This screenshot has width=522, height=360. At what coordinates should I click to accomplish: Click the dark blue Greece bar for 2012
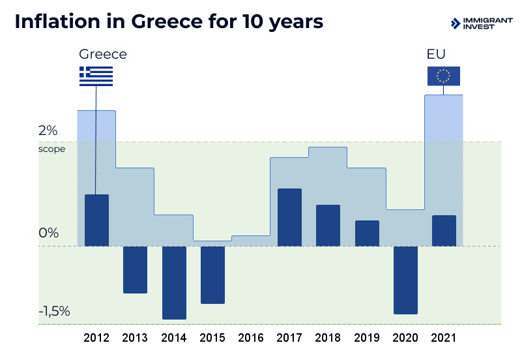[96, 220]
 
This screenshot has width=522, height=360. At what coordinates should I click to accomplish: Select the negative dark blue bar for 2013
[135, 269]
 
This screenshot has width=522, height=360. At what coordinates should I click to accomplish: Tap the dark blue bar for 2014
[174, 282]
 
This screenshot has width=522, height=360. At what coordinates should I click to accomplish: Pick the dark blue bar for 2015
[212, 275]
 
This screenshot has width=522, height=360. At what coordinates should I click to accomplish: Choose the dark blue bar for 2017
[289, 217]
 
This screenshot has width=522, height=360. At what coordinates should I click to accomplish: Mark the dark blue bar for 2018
[328, 226]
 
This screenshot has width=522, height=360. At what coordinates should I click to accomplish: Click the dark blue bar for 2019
[367, 233]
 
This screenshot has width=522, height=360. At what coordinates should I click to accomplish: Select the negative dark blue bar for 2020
[405, 280]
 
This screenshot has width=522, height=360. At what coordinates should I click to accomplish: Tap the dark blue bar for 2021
[444, 231]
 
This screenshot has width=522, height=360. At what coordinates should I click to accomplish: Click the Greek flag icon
[96, 76]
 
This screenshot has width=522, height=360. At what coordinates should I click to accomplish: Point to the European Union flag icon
[443, 76]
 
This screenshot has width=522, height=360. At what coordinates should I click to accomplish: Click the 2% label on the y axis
[48, 131]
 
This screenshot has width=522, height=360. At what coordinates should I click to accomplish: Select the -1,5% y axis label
[54, 311]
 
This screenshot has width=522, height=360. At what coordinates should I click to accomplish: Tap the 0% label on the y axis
[48, 233]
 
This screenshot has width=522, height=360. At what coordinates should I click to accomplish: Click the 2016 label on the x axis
[251, 338]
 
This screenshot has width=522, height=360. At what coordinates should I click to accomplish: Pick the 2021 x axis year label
[444, 338]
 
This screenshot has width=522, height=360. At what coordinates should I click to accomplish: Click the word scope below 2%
[51, 149]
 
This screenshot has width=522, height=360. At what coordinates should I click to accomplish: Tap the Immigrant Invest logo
[481, 23]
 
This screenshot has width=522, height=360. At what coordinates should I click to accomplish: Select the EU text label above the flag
[435, 54]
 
